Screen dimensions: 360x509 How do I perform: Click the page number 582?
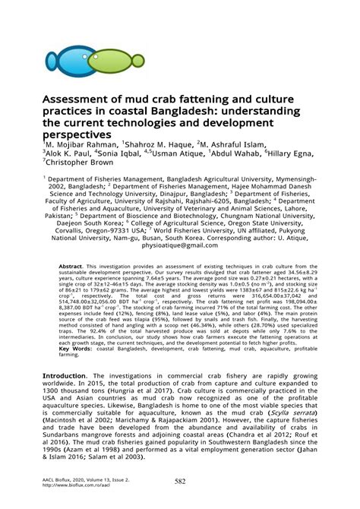point(180,482)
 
